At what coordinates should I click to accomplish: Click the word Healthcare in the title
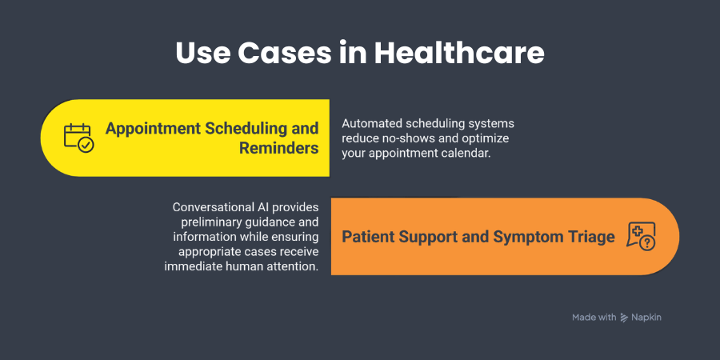[x=460, y=53]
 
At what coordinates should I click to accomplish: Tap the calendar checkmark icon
[x=78, y=138]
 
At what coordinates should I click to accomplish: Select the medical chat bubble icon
[x=642, y=236]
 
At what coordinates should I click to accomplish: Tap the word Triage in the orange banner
[x=590, y=237]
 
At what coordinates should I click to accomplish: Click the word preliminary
[x=202, y=222]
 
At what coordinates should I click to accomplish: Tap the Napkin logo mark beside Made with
[x=625, y=318]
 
